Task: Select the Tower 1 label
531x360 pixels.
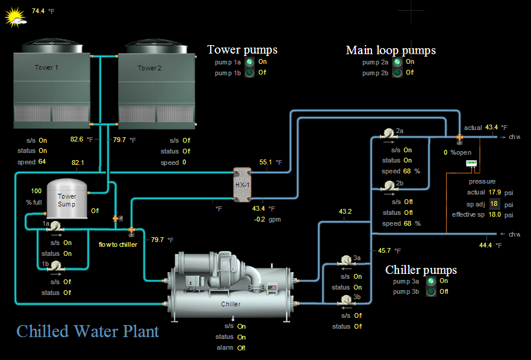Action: (x=46, y=68)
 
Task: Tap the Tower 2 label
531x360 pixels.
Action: (x=149, y=68)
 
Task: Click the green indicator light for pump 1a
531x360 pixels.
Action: (x=249, y=62)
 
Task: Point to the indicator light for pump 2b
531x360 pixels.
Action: (x=397, y=73)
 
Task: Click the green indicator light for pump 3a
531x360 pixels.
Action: (x=430, y=281)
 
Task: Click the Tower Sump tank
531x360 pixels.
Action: (x=67, y=197)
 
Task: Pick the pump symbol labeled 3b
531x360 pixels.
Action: (x=346, y=300)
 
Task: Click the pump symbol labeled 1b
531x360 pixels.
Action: (x=54, y=265)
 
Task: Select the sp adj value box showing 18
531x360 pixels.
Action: (x=494, y=204)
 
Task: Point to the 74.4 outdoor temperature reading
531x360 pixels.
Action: (x=38, y=11)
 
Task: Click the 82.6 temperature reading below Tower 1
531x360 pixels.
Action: (x=76, y=140)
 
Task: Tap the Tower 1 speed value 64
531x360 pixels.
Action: (x=42, y=162)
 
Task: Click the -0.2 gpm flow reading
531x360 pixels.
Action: (x=259, y=219)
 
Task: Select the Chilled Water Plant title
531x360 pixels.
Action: (x=88, y=331)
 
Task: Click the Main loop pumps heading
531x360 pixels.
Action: (x=391, y=50)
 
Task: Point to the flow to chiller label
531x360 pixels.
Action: (x=118, y=244)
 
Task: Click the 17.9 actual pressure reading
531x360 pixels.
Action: (x=494, y=193)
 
